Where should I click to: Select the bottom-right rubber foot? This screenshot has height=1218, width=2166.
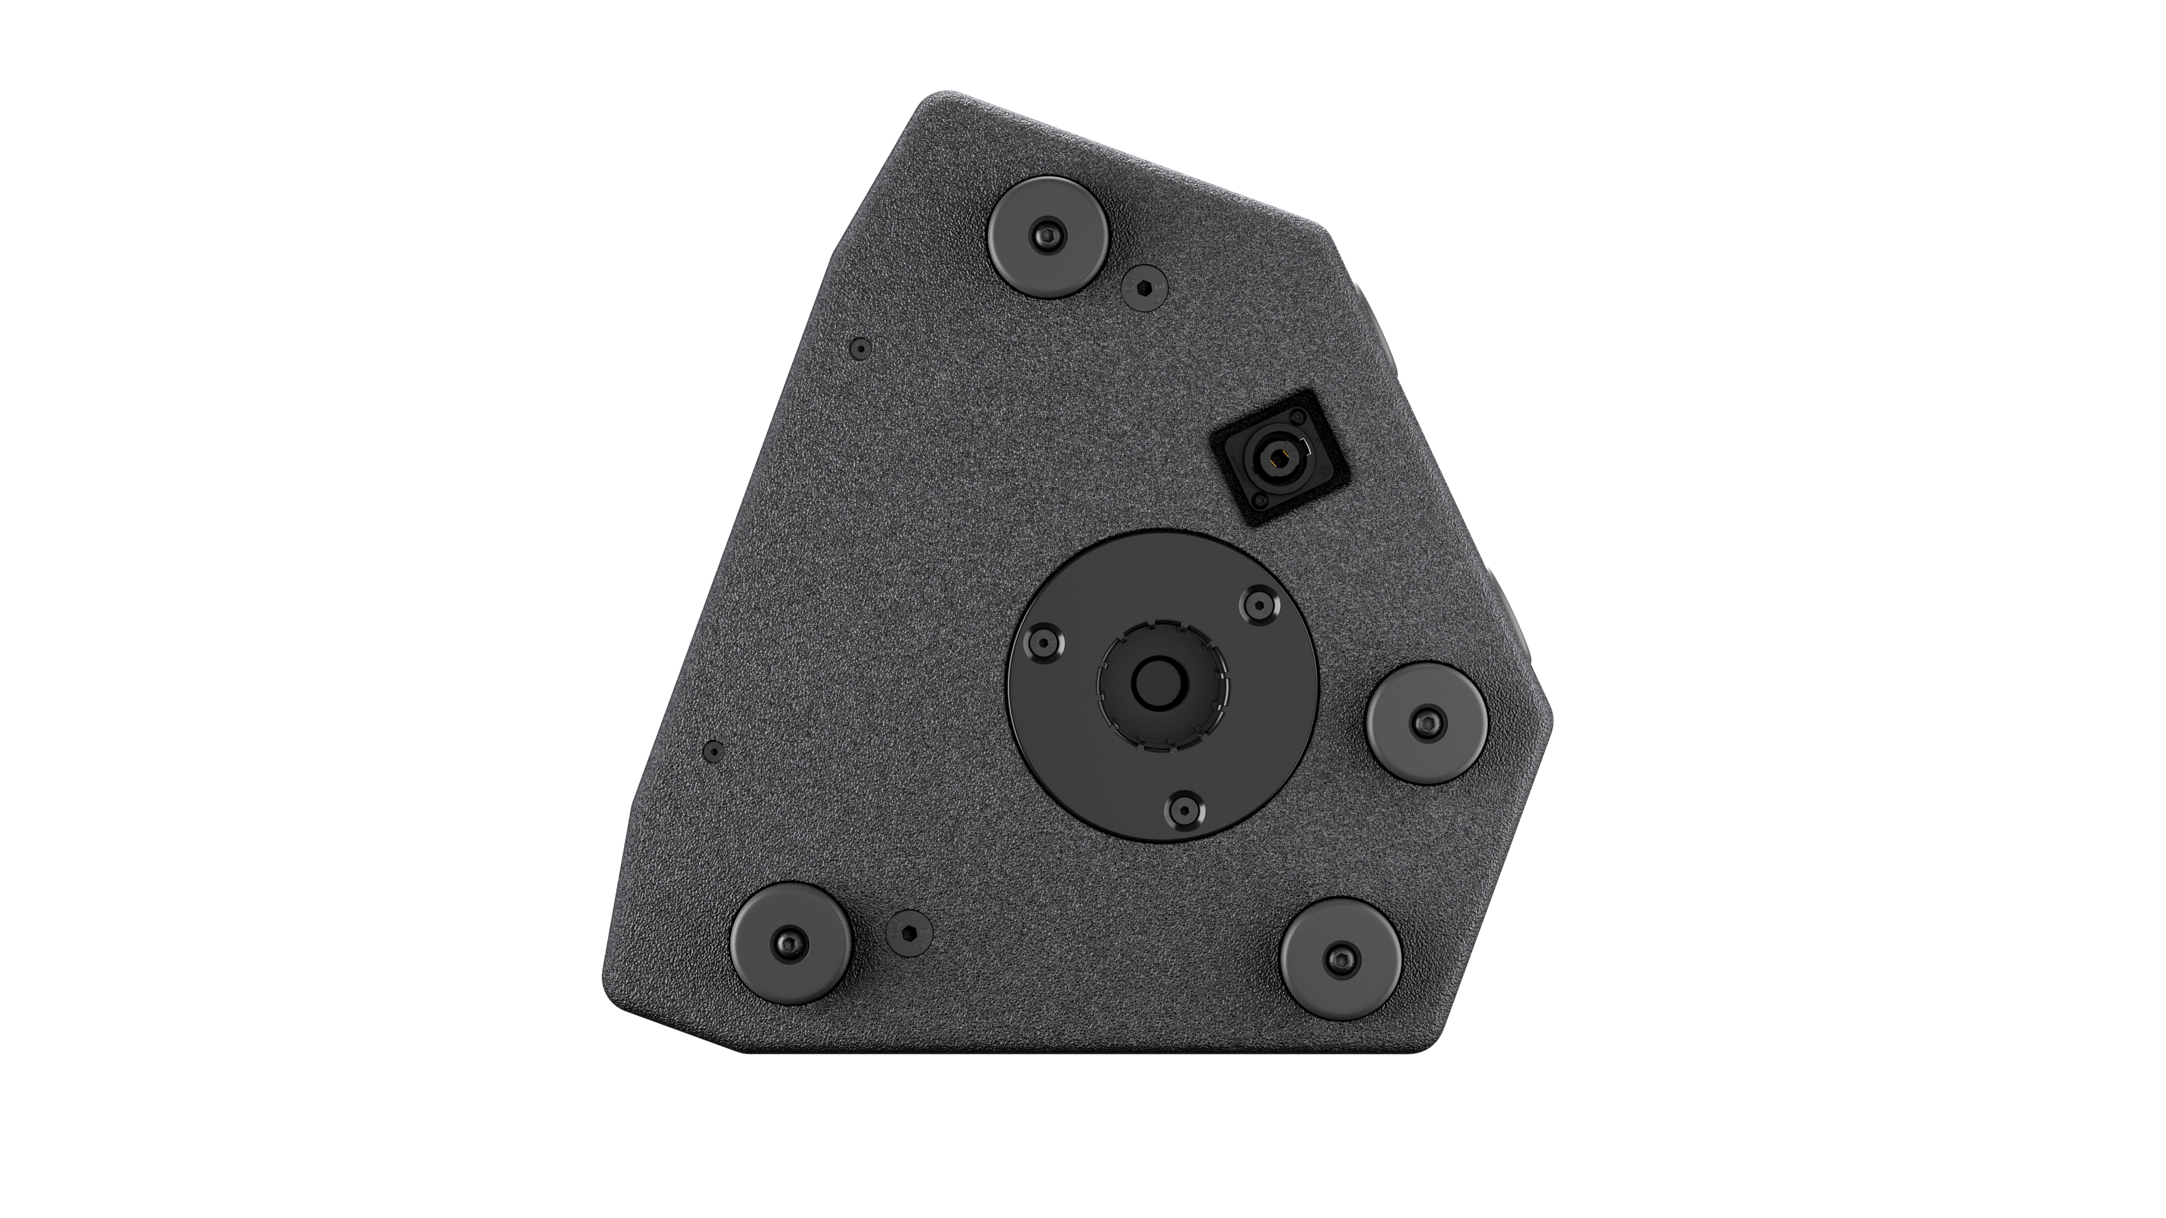coord(1340,958)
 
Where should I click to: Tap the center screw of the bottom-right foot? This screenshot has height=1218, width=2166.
coord(1340,958)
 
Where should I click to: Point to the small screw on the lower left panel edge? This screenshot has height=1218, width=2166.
coord(713,750)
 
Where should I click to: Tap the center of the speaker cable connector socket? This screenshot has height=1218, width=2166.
coord(1280,460)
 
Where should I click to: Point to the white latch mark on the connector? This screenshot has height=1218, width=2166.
coord(1307,445)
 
